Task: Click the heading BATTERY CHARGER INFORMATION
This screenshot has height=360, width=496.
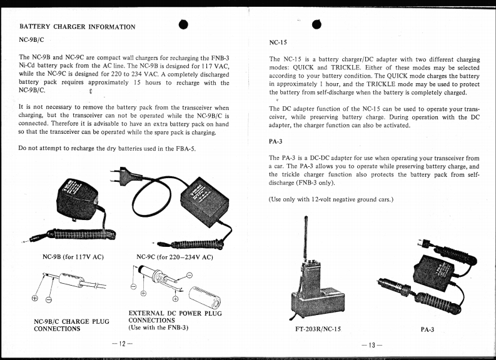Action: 78,27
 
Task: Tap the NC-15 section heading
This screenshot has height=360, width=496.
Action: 279,44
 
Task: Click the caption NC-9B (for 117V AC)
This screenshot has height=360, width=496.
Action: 73,257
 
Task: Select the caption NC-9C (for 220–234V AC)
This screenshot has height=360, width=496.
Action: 175,257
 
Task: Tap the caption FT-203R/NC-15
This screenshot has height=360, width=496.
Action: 322,328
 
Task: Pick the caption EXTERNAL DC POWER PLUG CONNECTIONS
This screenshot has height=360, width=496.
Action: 175,317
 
